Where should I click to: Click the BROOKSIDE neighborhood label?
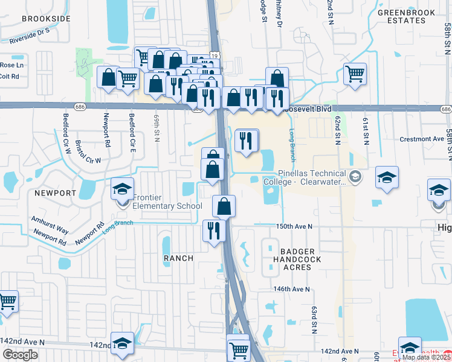(x=46, y=19)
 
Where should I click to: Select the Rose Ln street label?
(x=11, y=65)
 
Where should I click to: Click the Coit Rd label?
(x=10, y=76)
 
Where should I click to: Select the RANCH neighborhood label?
(x=178, y=258)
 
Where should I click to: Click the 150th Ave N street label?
(x=294, y=226)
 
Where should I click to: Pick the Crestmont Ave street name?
(x=422, y=139)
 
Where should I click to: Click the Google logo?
(x=20, y=355)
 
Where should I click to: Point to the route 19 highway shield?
(x=215, y=56)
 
